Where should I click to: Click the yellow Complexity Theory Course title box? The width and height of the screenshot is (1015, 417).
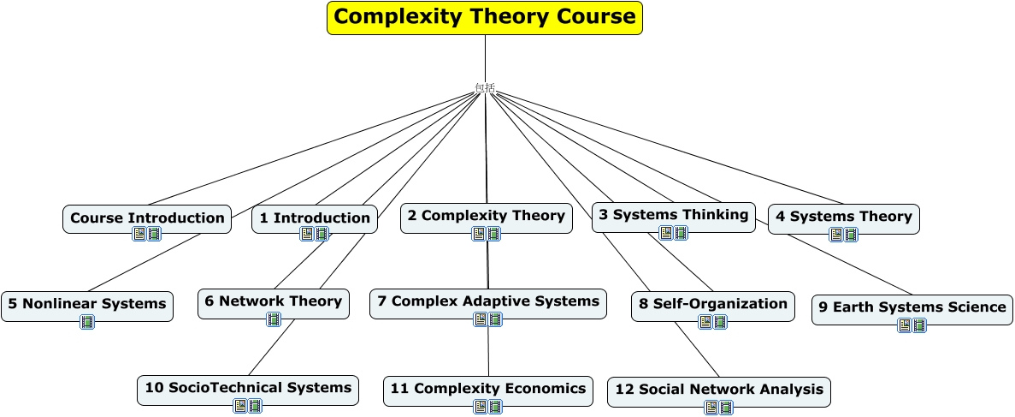(485, 17)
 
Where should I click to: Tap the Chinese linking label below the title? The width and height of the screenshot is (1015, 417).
(485, 87)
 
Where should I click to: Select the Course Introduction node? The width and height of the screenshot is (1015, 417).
(147, 218)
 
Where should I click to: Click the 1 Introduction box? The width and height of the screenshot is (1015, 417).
(315, 218)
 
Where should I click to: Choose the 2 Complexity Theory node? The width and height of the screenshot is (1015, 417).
(487, 217)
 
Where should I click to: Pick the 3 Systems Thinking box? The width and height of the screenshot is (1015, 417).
(673, 217)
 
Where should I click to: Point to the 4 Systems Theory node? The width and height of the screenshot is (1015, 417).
(843, 218)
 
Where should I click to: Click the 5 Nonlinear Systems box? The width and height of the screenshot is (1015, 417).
(87, 306)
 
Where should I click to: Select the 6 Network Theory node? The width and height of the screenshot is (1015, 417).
(273, 303)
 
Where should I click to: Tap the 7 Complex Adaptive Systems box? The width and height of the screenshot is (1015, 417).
(488, 303)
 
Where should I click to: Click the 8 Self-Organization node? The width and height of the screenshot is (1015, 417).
(712, 306)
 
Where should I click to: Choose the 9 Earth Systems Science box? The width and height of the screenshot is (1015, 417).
(912, 309)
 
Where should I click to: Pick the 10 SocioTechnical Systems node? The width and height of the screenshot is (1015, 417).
(248, 390)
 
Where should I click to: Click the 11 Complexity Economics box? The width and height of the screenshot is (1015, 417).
(488, 391)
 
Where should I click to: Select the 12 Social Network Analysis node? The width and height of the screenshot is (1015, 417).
(718, 391)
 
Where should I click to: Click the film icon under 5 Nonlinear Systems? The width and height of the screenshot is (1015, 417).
(87, 322)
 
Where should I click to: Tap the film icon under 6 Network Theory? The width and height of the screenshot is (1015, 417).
(274, 319)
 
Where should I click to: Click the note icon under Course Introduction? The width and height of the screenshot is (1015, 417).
(139, 234)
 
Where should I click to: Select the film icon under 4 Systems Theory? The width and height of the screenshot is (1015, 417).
(851, 234)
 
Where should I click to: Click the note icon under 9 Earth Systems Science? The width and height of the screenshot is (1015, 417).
(905, 325)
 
